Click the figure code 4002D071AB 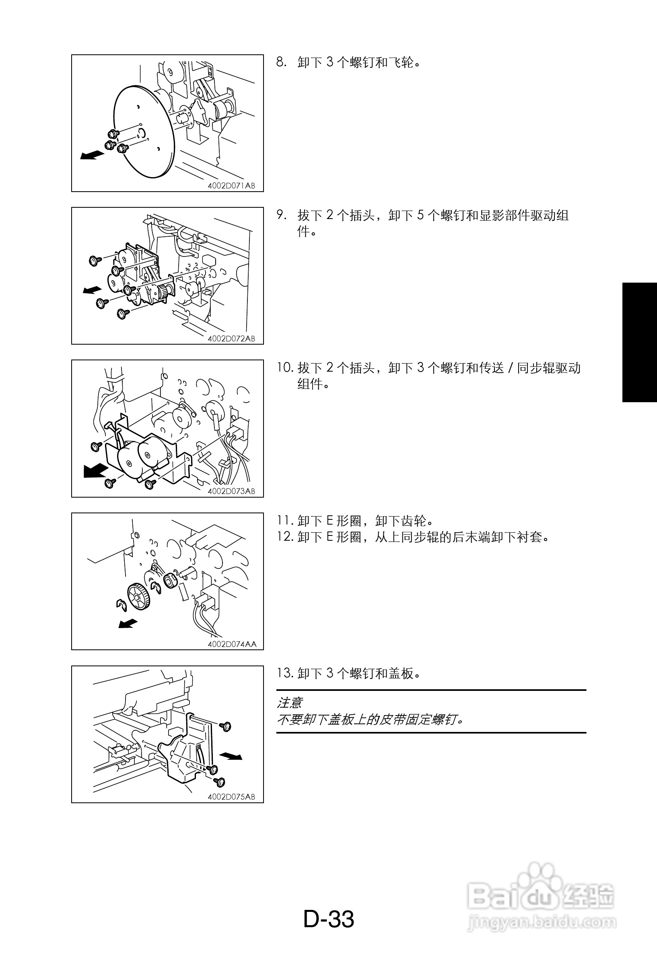click(231, 186)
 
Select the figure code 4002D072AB click(231, 338)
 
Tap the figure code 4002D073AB click(231, 491)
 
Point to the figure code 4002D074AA click(232, 644)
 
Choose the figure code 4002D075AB click(231, 796)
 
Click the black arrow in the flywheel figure click(92, 155)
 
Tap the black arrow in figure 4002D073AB click(96, 470)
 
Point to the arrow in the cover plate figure click(231, 756)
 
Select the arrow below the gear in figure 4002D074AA click(128, 623)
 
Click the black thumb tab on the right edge click(640, 342)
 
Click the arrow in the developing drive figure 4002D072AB click(93, 290)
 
